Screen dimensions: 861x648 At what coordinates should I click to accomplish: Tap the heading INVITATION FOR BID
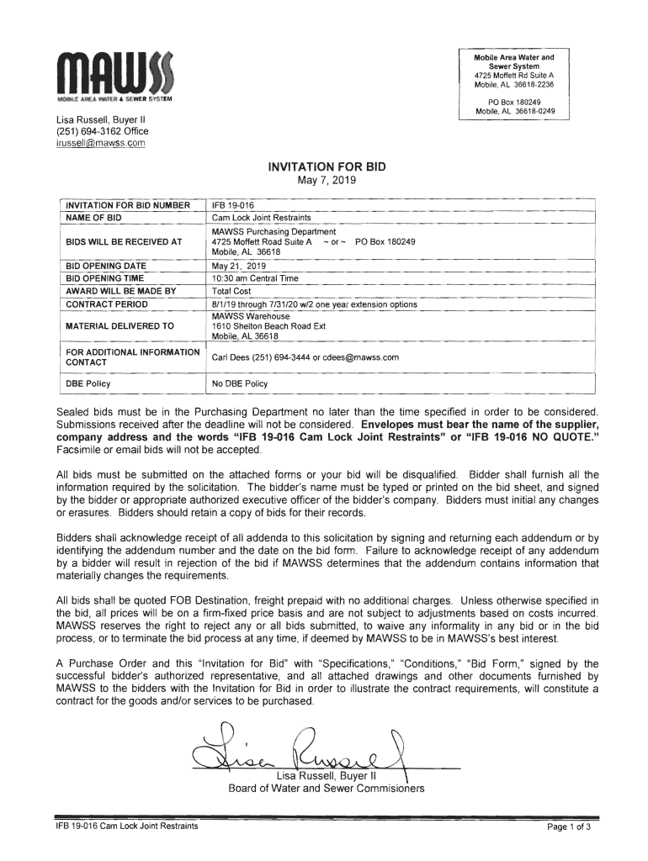(x=326, y=166)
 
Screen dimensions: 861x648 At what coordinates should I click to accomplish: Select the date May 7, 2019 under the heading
(x=326, y=181)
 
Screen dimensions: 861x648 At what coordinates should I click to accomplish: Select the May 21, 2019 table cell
(x=238, y=265)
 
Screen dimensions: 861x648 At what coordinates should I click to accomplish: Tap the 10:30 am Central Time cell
(x=252, y=277)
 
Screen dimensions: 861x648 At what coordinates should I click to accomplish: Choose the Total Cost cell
(x=231, y=291)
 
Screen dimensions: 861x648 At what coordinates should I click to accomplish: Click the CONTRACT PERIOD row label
(x=106, y=304)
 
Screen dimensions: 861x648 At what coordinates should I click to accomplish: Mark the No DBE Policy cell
(x=239, y=383)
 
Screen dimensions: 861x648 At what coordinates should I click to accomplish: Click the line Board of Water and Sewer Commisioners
(x=326, y=788)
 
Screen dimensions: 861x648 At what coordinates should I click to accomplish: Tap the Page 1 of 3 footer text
(x=569, y=827)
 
